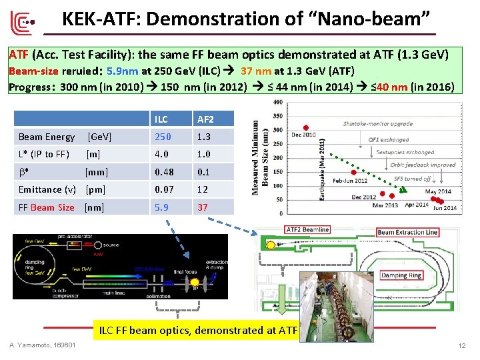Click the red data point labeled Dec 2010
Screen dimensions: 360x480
(x=306, y=127)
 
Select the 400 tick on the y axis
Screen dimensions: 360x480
(x=278, y=102)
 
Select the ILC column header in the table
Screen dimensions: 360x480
(x=161, y=119)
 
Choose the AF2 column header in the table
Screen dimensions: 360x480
(x=204, y=119)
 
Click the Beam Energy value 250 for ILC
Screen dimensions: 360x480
(x=162, y=137)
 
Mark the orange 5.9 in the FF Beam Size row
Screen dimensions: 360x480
(x=161, y=207)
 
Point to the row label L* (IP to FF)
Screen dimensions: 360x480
(x=44, y=154)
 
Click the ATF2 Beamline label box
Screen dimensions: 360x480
(x=307, y=229)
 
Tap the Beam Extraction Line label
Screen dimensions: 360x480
(x=407, y=233)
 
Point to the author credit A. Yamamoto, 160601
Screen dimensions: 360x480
(x=43, y=345)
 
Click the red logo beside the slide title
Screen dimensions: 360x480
(x=23, y=23)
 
